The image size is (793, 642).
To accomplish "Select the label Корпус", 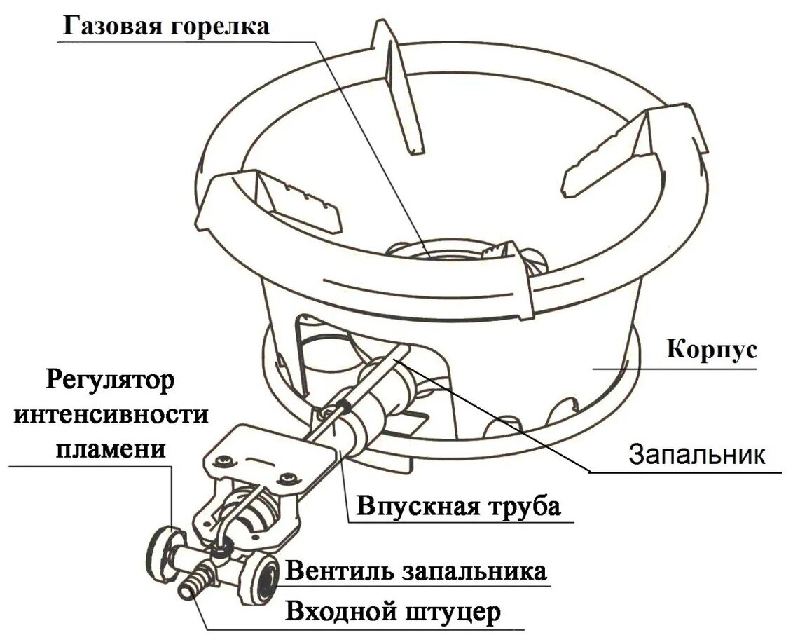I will click(x=710, y=349).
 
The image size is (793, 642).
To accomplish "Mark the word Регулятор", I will click(x=111, y=383).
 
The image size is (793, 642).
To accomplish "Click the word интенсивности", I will click(x=111, y=415).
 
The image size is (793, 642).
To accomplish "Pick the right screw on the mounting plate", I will click(x=287, y=478).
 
